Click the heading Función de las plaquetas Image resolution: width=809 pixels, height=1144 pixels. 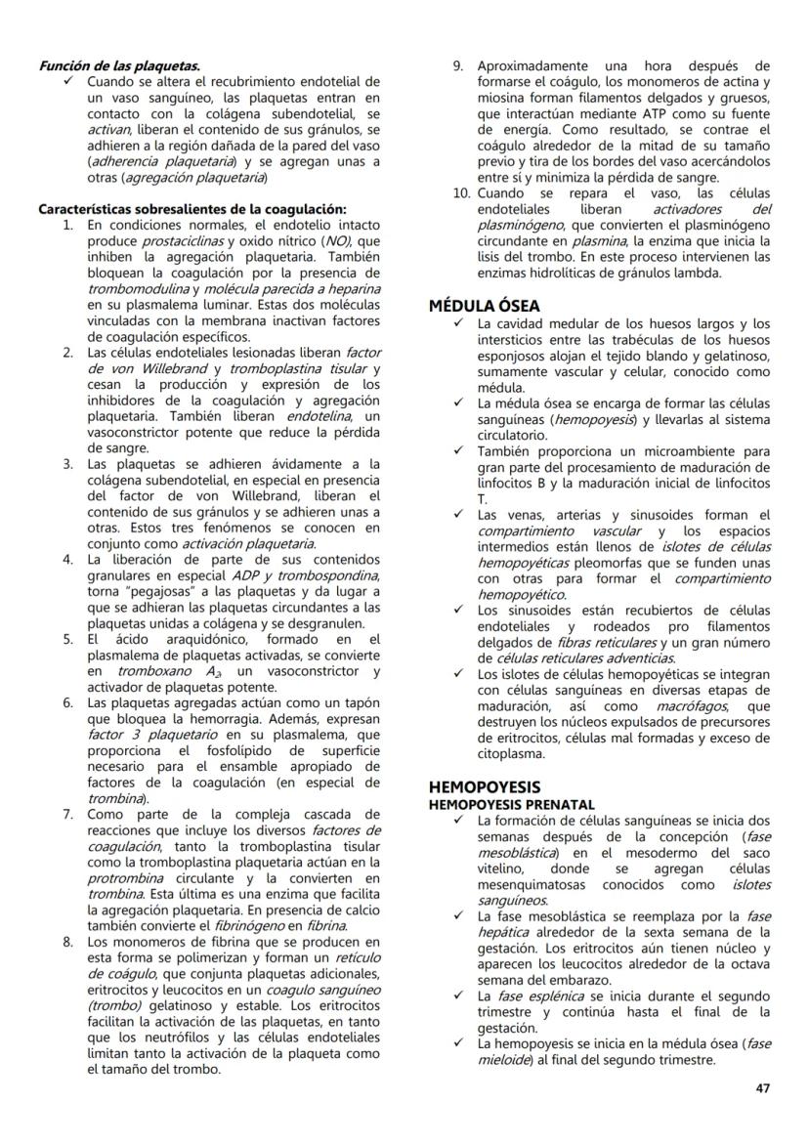click(119, 66)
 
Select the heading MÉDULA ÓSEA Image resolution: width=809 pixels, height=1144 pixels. click(484, 306)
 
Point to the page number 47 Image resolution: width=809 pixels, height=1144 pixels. click(762, 1088)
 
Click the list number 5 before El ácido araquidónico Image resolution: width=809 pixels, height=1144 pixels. click(68, 640)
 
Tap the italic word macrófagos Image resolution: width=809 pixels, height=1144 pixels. click(682, 706)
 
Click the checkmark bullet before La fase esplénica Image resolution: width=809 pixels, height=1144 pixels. click(460, 996)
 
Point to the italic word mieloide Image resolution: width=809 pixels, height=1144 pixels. click(503, 1059)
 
